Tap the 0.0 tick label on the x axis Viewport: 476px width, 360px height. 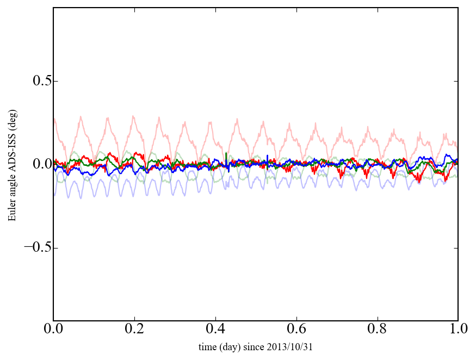tap(53, 330)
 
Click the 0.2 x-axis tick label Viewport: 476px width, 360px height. tap(134, 330)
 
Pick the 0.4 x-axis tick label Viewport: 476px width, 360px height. tap(215, 330)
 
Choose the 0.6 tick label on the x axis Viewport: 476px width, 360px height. tap(296, 330)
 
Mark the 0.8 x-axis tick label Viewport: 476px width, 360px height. tap(378, 330)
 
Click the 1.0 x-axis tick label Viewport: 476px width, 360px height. tap(458, 330)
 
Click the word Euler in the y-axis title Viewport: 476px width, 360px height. tap(11, 212)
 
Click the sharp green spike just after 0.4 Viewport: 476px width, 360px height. tap(226, 154)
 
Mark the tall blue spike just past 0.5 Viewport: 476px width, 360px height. tap(268, 156)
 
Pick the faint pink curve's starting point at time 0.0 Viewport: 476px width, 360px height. tap(54, 119)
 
